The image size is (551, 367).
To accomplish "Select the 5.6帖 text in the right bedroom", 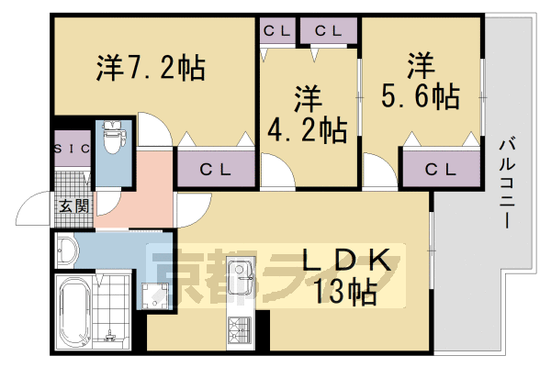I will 422,95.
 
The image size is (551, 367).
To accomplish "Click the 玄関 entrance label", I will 73,206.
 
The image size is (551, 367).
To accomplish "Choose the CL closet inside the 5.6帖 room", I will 441,169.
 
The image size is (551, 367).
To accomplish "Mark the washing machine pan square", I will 153,294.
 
